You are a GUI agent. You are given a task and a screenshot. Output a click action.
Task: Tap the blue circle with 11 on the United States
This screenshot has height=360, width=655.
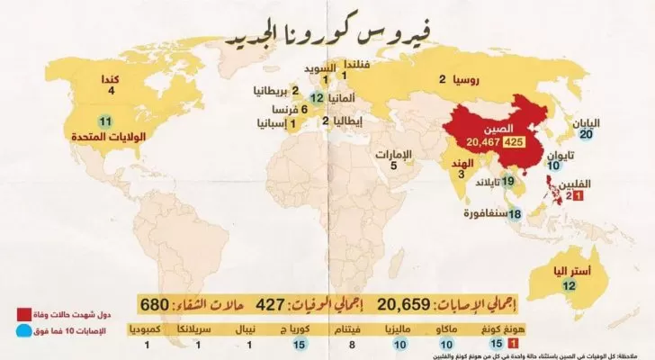(x=105, y=123)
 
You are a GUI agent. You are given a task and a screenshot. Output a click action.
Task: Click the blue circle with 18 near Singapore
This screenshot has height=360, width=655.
(x=516, y=214)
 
